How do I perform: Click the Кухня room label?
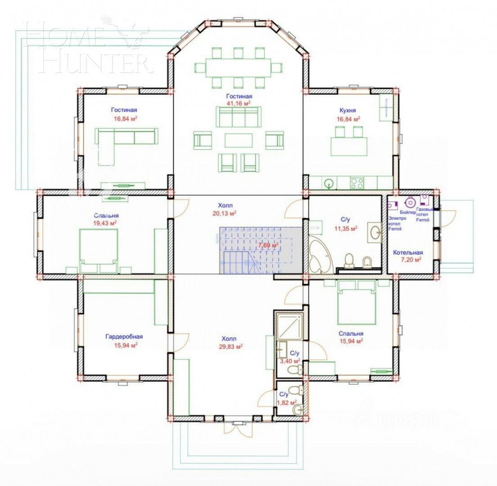coord(348,110)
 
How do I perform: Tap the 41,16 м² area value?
coord(239,103)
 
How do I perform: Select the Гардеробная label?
coord(124,337)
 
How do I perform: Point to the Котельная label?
coord(407,252)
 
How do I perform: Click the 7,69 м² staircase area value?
coord(268,245)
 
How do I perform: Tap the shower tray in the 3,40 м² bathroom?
coord(289,326)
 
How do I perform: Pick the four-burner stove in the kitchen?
coord(357,183)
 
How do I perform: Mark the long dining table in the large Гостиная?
coord(239,68)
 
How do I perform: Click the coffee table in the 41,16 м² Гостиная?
coord(239,139)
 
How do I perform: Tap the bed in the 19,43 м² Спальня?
coord(99,250)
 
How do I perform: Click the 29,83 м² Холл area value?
coord(232,346)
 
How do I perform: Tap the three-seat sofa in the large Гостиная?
coord(239,119)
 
